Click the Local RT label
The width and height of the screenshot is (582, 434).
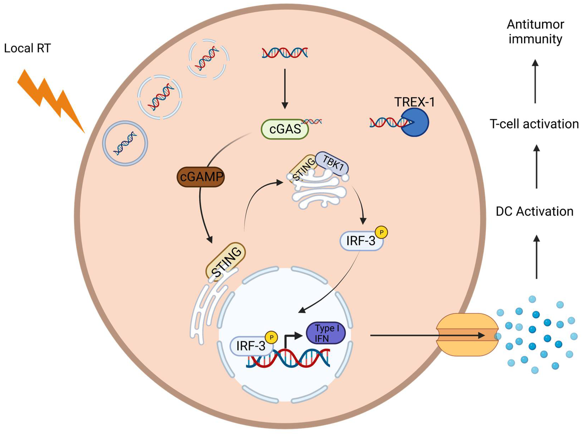tap(27, 48)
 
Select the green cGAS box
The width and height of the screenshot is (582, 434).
tap(285, 129)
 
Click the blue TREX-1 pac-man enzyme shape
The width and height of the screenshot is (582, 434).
tap(415, 122)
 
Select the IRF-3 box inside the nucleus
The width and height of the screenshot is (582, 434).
tap(251, 346)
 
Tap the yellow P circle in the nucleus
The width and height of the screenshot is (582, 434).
tap(271, 337)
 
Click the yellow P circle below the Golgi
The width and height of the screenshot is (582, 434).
tap(382, 232)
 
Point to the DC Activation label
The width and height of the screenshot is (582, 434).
tap(534, 211)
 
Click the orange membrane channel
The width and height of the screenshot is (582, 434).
tap(467, 335)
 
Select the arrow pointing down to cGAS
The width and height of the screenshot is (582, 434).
tap(285, 89)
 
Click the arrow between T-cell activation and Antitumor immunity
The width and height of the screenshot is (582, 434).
tap(535, 81)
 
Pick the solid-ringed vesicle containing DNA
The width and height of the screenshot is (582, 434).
tap(125, 143)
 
